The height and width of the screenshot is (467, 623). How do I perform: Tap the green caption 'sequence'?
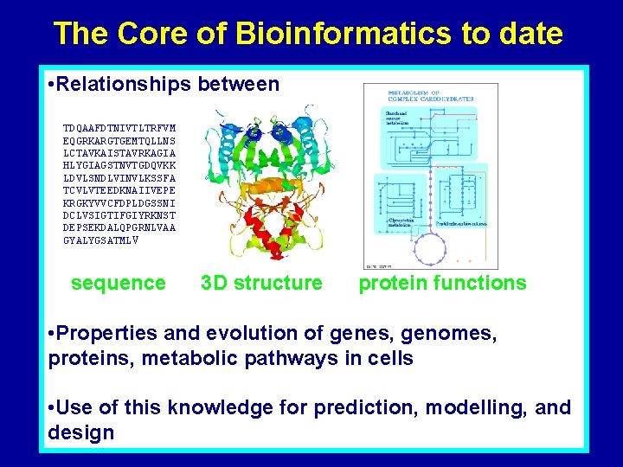pos(118,283)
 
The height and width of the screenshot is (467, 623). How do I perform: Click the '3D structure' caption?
pos(261,283)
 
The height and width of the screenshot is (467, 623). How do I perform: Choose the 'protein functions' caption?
pos(442,283)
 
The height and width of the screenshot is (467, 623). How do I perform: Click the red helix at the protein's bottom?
pos(250,246)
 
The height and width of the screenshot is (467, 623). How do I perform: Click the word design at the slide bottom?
pos(81,432)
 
